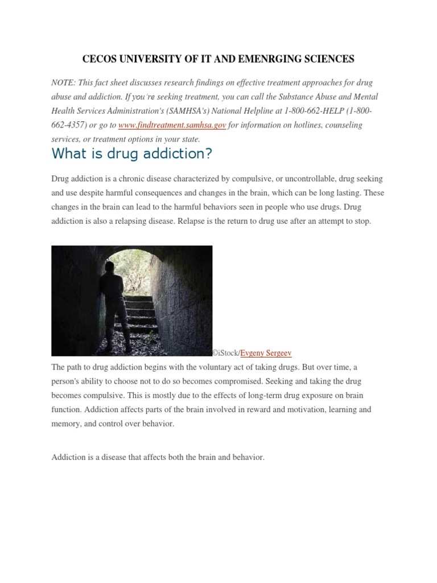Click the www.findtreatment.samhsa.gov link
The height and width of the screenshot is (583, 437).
pyautogui.click(x=172, y=125)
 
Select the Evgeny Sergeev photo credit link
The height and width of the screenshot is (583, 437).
pyautogui.click(x=266, y=353)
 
